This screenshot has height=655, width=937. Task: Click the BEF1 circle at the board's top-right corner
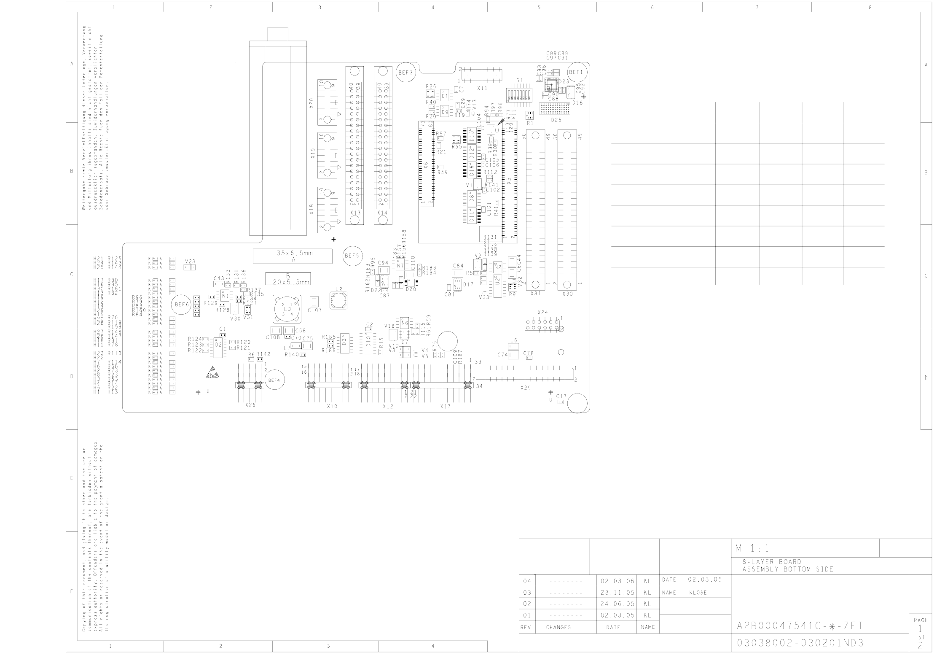point(576,72)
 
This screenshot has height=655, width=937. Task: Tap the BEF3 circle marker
point(405,73)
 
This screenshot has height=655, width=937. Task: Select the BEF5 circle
point(352,256)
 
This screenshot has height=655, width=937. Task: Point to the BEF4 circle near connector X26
point(274,380)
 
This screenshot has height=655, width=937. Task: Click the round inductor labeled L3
point(287,309)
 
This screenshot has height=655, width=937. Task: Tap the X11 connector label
point(482,89)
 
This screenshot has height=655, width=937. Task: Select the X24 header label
point(543,313)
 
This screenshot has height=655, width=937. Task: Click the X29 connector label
point(526,388)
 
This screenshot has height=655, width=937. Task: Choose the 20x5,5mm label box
point(288,279)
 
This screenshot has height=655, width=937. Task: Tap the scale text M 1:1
point(752,548)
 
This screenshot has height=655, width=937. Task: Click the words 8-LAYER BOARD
point(772,562)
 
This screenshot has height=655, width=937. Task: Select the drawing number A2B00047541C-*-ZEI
point(800,626)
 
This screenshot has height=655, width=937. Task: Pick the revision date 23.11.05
point(617,593)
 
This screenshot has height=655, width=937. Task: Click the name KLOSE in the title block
point(698,593)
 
